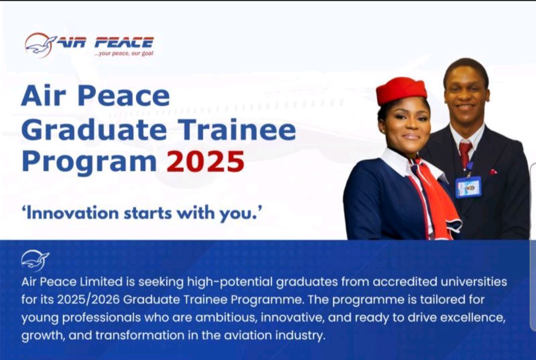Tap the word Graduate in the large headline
tap(94, 130)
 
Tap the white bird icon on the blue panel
tap(35, 261)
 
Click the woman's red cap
tap(402, 90)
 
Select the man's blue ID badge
tap(468, 187)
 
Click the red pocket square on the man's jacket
tap(493, 172)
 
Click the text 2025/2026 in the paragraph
tap(88, 300)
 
